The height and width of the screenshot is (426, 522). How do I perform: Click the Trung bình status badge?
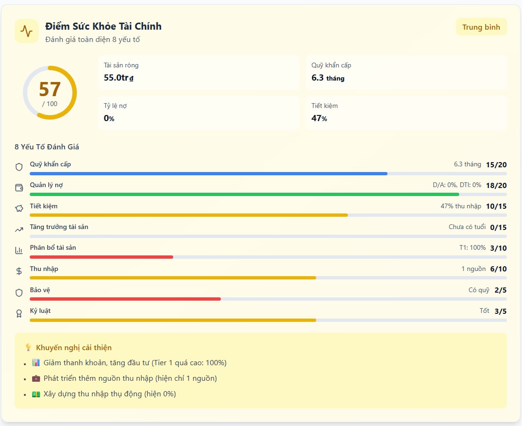click(x=481, y=27)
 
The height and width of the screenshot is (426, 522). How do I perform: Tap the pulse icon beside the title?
click(x=26, y=32)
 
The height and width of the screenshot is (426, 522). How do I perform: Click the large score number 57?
click(x=50, y=90)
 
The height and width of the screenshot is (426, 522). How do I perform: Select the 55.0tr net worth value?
click(x=118, y=78)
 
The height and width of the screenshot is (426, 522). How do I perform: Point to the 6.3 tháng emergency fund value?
click(x=328, y=78)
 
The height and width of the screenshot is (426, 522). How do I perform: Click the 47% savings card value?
click(x=319, y=118)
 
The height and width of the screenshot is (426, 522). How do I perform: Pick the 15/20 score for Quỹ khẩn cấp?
click(x=496, y=164)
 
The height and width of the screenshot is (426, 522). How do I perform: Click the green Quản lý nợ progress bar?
click(x=244, y=194)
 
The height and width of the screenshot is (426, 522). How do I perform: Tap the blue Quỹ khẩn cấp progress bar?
click(x=208, y=173)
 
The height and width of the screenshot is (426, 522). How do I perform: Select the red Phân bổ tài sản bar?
click(x=101, y=257)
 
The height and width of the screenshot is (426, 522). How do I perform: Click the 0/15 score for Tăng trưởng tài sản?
click(x=498, y=227)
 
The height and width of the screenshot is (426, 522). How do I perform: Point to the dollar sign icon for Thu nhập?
click(x=19, y=271)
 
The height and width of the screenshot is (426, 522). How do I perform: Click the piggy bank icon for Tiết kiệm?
click(x=19, y=208)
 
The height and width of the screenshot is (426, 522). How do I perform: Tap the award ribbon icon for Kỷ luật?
click(x=19, y=313)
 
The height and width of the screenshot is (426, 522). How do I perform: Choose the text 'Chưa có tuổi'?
click(x=467, y=227)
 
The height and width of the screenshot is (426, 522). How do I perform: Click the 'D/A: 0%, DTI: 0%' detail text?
click(x=457, y=185)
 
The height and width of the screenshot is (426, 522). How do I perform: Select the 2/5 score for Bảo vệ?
click(x=500, y=290)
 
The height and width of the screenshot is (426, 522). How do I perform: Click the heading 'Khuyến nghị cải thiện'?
click(x=74, y=348)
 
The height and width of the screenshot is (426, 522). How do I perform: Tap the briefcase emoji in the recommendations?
click(x=36, y=378)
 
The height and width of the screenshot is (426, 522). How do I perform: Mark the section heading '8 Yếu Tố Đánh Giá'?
click(x=47, y=147)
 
